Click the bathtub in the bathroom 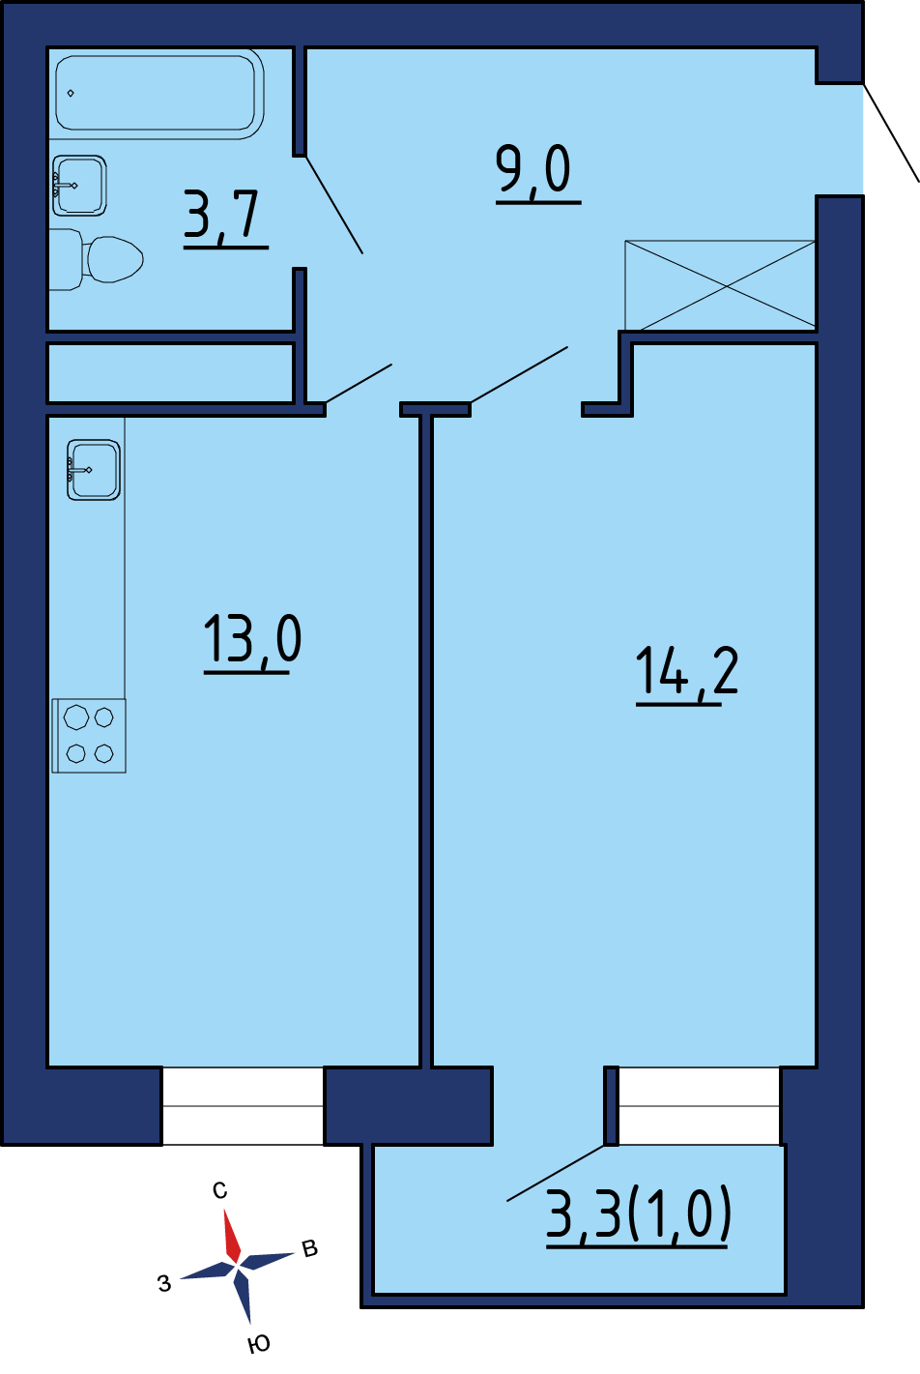(x=157, y=93)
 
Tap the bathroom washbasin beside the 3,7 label (x=79, y=186)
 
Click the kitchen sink (x=93, y=470)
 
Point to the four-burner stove (x=89, y=736)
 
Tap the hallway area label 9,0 (x=537, y=171)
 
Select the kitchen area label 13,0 (x=252, y=642)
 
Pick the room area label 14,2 (x=686, y=674)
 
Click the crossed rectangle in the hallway (x=720, y=285)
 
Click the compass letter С (x=220, y=1190)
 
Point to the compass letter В (x=309, y=1249)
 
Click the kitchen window (x=243, y=1105)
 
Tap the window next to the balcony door (x=700, y=1105)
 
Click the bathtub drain (x=71, y=93)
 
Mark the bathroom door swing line (x=334, y=204)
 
